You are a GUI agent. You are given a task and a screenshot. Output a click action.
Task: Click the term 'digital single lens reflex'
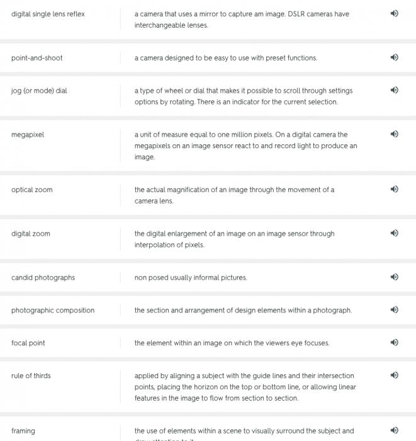click(48, 14)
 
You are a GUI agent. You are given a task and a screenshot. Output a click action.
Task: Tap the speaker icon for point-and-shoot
click(395, 57)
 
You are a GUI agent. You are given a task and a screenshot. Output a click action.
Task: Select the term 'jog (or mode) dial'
click(39, 91)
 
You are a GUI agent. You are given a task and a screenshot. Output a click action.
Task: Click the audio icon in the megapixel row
click(395, 134)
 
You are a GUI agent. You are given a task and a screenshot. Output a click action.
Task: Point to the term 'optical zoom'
click(32, 190)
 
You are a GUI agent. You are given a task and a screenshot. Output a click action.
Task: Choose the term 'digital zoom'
click(30, 234)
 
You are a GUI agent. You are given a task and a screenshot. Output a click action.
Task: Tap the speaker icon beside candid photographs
click(395, 277)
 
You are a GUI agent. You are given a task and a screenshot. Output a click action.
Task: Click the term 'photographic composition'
click(53, 311)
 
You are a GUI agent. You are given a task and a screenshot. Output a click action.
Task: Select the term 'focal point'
click(28, 343)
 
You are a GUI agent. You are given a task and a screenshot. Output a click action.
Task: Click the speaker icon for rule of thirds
click(395, 375)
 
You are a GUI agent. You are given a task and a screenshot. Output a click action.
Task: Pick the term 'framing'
click(23, 431)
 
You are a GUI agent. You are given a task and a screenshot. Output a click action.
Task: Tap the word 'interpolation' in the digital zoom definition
click(155, 245)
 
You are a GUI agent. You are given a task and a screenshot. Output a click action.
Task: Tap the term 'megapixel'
click(28, 135)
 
